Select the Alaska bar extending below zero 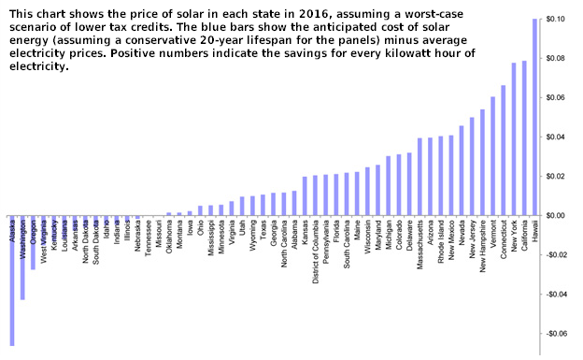pos(12,281)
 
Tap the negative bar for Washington pos(22,258)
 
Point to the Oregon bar pos(33,243)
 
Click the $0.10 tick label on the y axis pos(559,20)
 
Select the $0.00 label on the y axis pos(559,216)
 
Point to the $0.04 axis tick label pos(559,137)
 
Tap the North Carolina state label pos(284,248)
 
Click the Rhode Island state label pos(441,245)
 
